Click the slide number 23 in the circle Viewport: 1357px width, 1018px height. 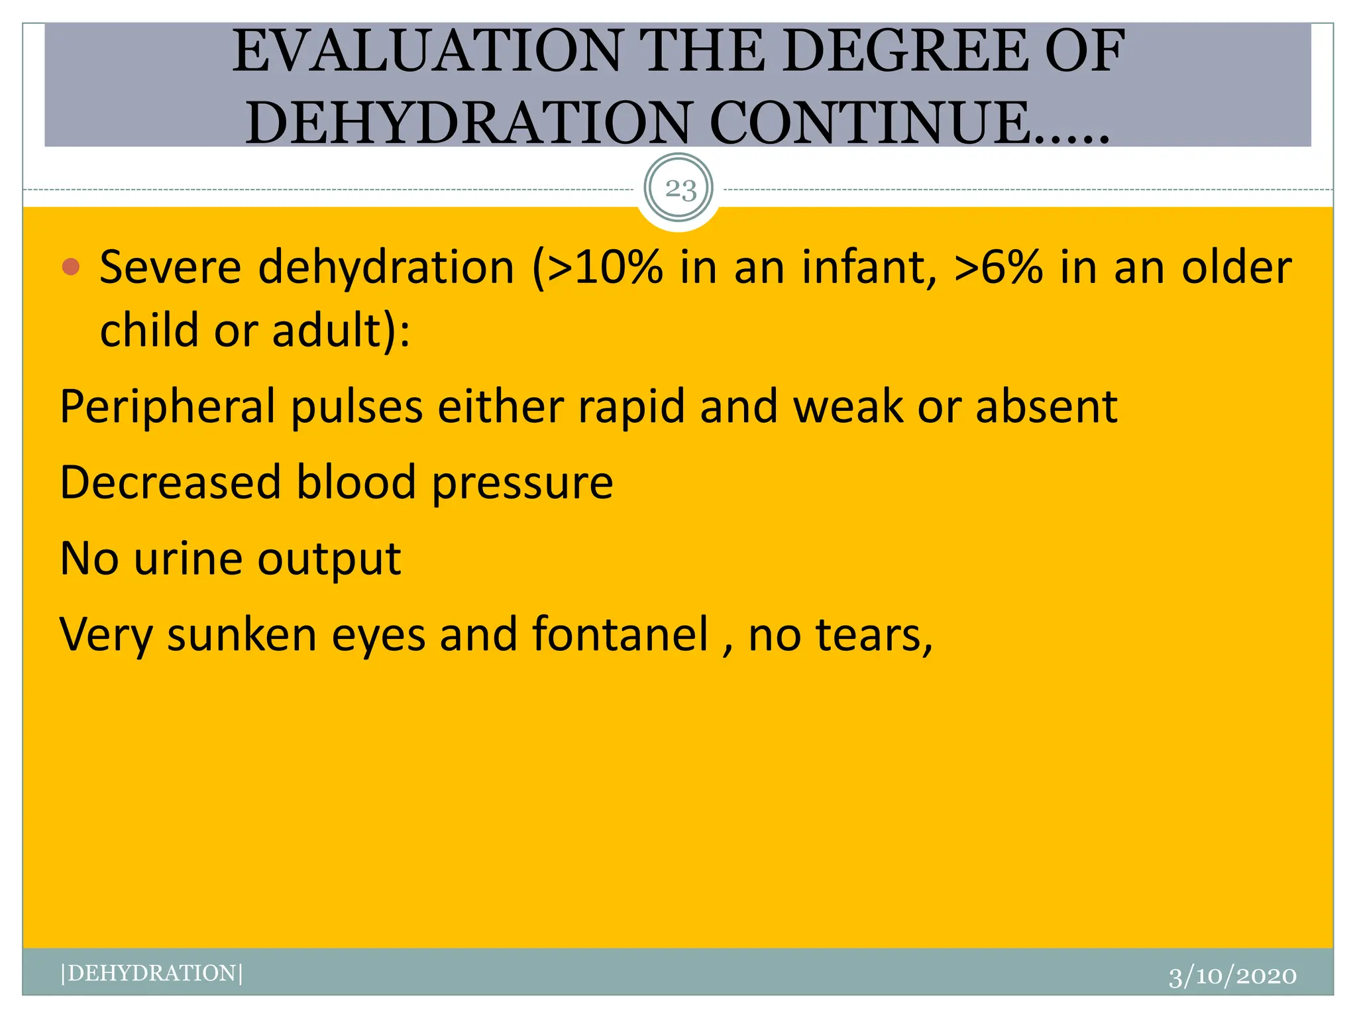(x=680, y=190)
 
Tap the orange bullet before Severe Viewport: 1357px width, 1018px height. (x=70, y=267)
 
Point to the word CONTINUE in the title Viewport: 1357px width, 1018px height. (x=868, y=123)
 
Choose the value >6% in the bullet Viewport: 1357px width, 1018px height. (x=999, y=267)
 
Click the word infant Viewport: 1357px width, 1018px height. (x=869, y=267)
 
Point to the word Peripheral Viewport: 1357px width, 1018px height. (x=167, y=406)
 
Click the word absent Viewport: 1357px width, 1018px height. (x=1046, y=406)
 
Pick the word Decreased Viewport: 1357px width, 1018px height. (x=170, y=482)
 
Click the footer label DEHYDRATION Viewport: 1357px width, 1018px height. (x=152, y=973)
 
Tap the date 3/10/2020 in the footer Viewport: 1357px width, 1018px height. (x=1232, y=976)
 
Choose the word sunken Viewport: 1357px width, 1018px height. (x=241, y=634)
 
